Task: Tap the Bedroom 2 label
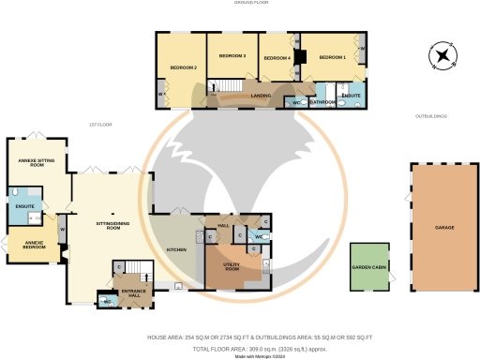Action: [x=183, y=67]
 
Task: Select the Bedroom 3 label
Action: [x=232, y=56]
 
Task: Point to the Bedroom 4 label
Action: [x=277, y=58]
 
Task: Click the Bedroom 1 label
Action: [x=333, y=58]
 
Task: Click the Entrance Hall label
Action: [x=135, y=293]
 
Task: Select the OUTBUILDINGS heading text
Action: [x=431, y=116]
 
